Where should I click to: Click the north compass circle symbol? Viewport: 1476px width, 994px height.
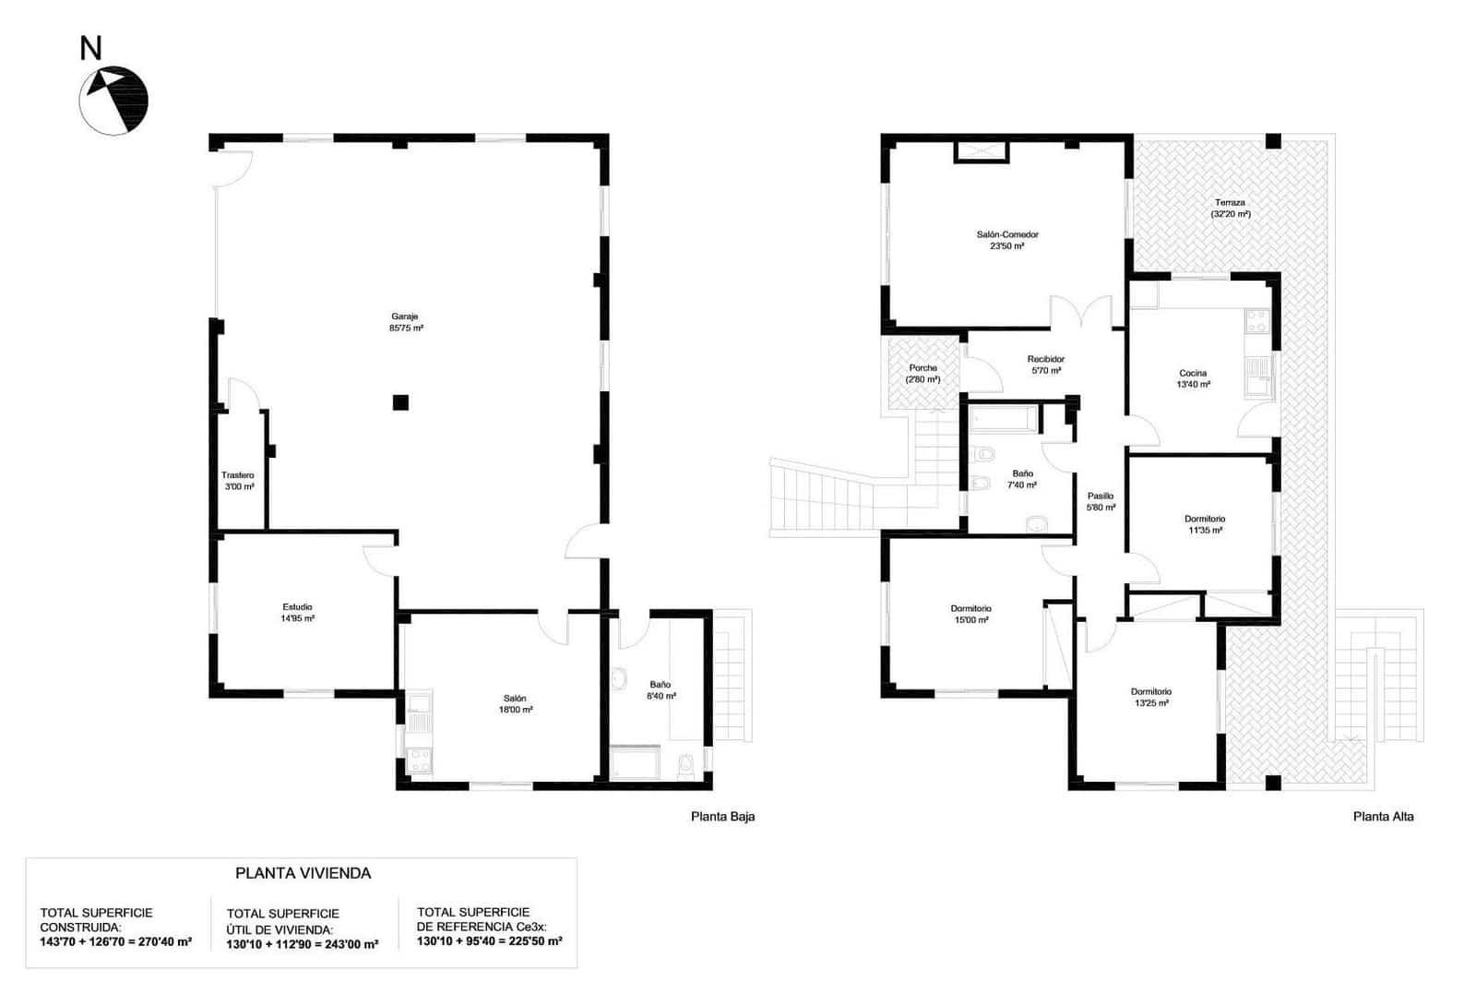(113, 101)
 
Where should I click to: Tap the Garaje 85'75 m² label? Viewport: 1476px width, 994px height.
(406, 322)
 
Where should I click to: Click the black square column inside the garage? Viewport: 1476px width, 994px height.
(400, 402)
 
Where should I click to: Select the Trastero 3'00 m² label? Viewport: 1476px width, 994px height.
(238, 481)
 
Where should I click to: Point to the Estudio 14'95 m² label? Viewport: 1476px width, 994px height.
(297, 613)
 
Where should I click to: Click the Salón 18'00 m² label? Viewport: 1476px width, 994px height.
(515, 704)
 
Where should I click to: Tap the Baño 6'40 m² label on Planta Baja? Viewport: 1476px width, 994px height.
(661, 690)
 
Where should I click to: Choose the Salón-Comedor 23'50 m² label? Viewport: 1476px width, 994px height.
(1006, 240)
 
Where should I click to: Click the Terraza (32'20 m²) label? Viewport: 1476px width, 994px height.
(1230, 209)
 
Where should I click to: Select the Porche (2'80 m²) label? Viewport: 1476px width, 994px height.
(922, 374)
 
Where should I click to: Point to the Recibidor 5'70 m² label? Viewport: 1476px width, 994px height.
(1045, 365)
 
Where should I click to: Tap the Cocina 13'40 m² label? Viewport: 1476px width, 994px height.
(1193, 378)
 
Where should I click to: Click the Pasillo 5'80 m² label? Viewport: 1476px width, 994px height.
(1101, 501)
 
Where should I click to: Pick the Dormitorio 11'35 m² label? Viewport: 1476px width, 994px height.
(1204, 524)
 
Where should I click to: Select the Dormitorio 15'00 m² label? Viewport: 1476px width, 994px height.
(970, 615)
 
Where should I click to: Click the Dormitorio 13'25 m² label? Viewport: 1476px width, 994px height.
(1150, 697)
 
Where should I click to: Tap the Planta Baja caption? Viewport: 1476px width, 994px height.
(722, 816)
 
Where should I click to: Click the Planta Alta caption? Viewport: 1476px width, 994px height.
(1382, 816)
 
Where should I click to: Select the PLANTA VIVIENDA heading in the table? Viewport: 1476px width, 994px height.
(303, 873)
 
